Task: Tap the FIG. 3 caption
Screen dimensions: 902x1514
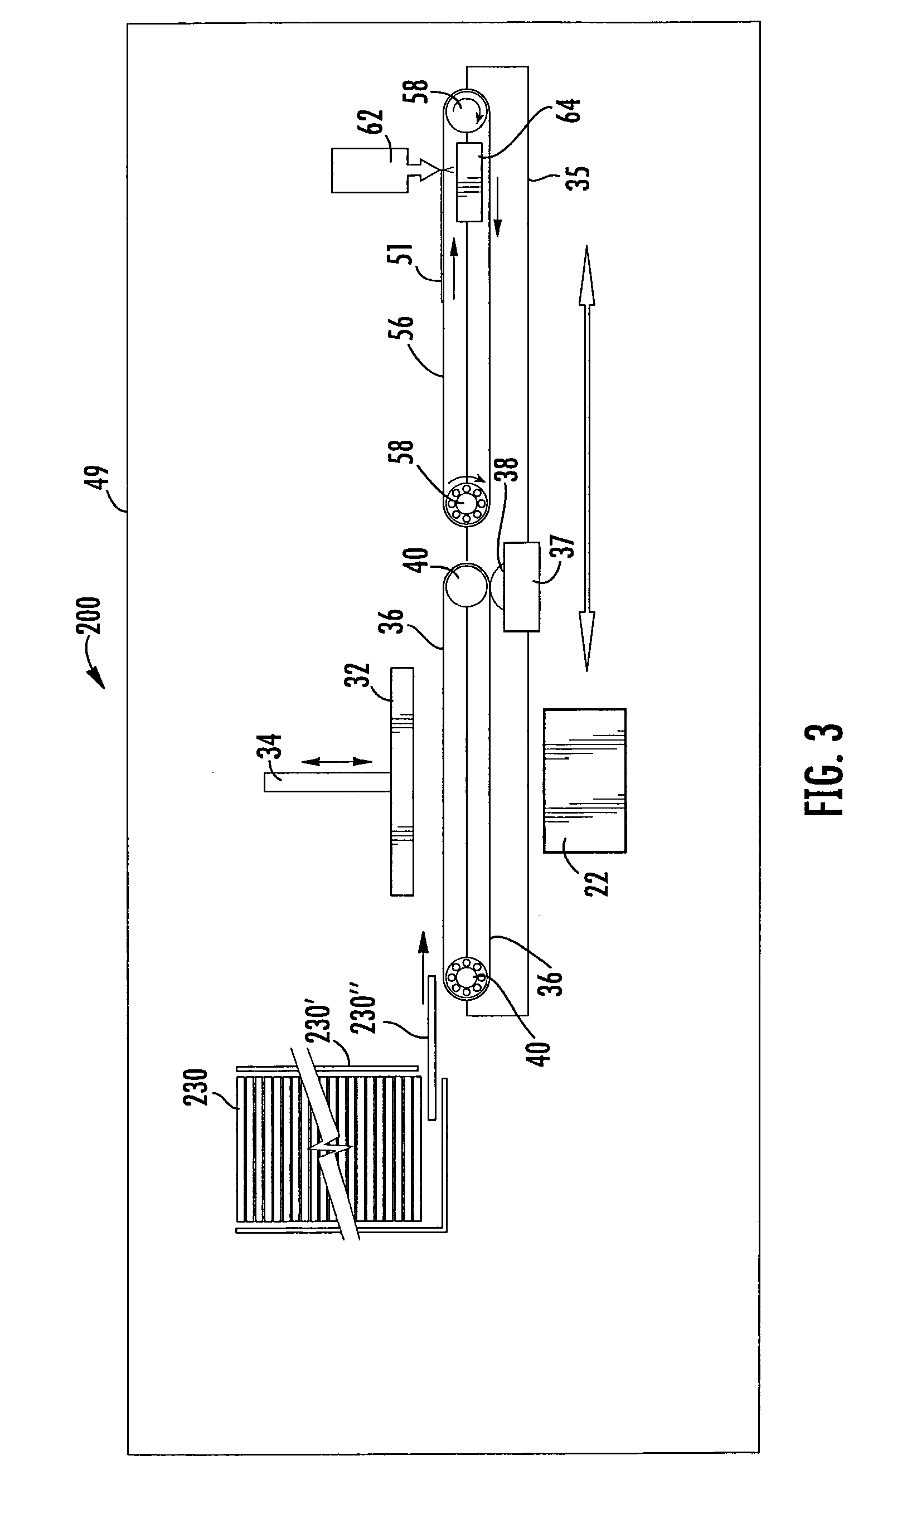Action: pos(824,769)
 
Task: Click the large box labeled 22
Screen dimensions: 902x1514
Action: pos(585,781)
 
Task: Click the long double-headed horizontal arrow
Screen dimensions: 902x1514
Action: pos(586,458)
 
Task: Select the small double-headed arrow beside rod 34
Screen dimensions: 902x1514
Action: pos(337,762)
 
